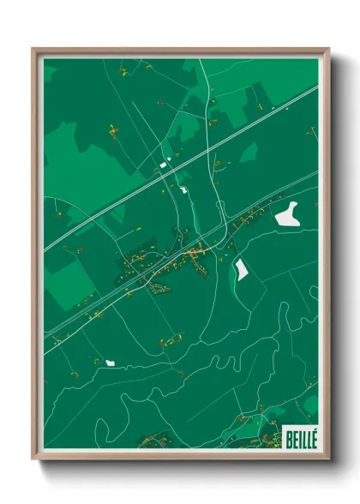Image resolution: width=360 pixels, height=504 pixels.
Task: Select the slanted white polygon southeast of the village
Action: (x=241, y=269)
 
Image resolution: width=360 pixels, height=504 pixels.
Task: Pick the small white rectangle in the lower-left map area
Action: (x=110, y=363)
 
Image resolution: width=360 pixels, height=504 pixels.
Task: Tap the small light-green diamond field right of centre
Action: (x=249, y=153)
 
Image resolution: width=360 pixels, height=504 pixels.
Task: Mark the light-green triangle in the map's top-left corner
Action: (x=49, y=72)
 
